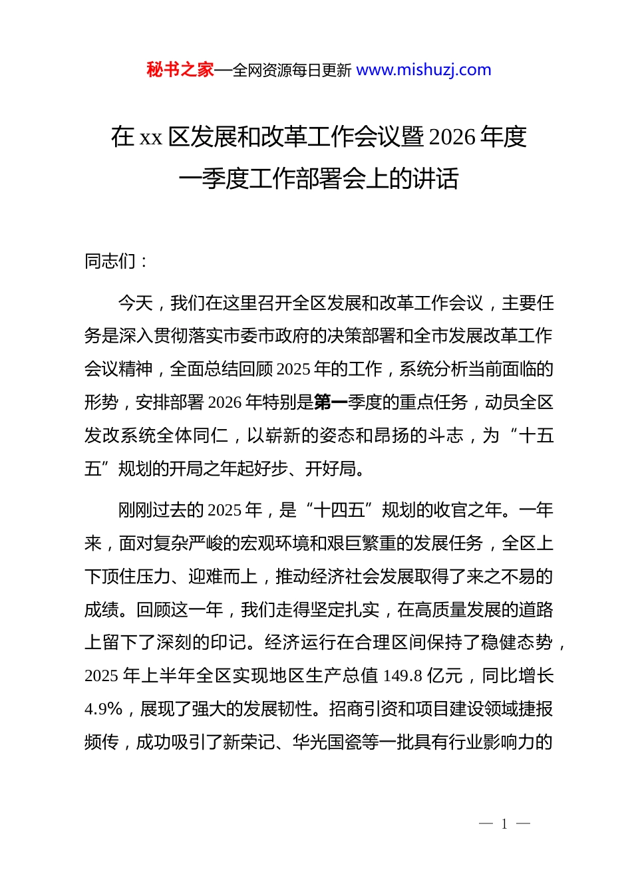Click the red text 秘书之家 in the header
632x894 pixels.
(x=180, y=70)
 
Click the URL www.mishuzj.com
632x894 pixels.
(x=424, y=70)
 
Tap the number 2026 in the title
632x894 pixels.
(x=452, y=137)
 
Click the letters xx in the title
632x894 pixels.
(x=151, y=138)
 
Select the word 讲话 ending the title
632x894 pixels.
(x=435, y=179)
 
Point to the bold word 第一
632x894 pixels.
(x=331, y=402)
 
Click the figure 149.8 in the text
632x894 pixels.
(x=402, y=676)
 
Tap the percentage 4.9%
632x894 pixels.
(x=104, y=709)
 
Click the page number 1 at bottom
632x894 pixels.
(x=504, y=824)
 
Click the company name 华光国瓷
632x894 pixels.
(x=335, y=742)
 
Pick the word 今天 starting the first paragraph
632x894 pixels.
(x=135, y=303)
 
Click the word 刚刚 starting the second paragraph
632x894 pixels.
(x=135, y=510)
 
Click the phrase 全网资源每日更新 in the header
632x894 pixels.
(x=292, y=71)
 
